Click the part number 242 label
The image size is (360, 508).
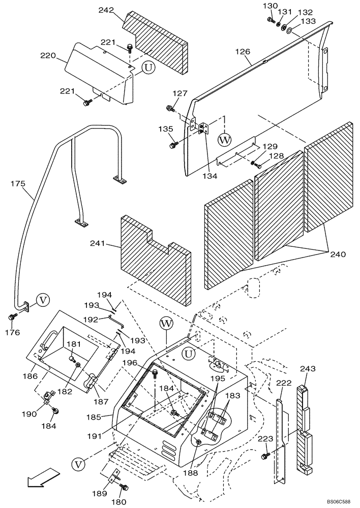point(105,10)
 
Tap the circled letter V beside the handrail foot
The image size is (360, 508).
point(43,301)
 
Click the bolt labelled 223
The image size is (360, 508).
point(265,456)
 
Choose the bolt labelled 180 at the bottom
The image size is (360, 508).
point(124,488)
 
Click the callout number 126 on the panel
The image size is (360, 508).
point(243,52)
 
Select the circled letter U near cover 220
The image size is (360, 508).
point(147,68)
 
